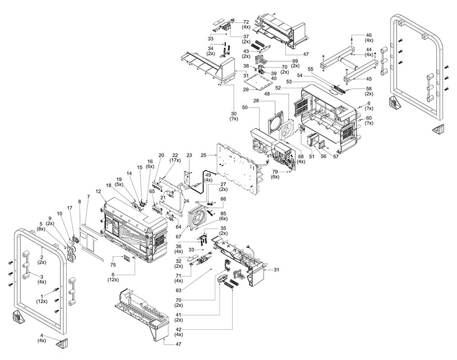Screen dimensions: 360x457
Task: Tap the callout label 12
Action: pos(98,191)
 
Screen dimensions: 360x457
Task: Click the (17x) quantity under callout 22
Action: pos(175,160)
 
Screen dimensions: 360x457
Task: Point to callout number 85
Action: pos(223,213)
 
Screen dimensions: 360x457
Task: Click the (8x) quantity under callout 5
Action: pos(42,229)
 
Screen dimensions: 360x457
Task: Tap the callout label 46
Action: pos(369,35)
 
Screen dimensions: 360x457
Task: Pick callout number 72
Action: pos(245,22)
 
